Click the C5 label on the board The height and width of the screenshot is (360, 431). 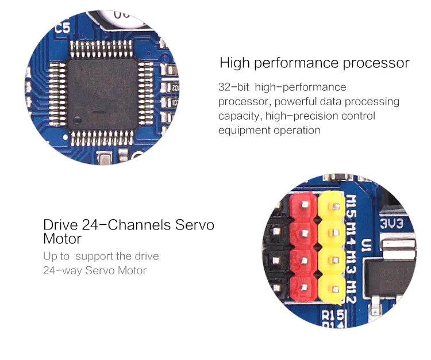click(63, 28)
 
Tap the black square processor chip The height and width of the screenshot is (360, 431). click(102, 94)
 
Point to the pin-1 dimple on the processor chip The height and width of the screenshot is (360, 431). click(77, 120)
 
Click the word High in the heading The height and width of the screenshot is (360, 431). click(234, 63)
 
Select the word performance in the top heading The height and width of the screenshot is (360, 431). click(297, 64)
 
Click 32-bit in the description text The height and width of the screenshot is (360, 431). click(234, 87)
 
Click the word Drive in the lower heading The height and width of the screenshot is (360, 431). click(60, 225)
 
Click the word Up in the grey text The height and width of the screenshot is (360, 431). click(49, 257)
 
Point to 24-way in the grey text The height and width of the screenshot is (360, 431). click(63, 271)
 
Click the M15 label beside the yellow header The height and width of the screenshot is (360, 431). click(351, 208)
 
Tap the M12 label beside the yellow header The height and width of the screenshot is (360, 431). click(351, 292)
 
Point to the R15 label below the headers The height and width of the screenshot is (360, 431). click(333, 315)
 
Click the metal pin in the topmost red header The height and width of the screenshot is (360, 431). click(305, 204)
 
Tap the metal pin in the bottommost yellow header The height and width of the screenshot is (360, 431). click(336, 289)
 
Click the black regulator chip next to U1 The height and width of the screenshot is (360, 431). click(389, 278)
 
